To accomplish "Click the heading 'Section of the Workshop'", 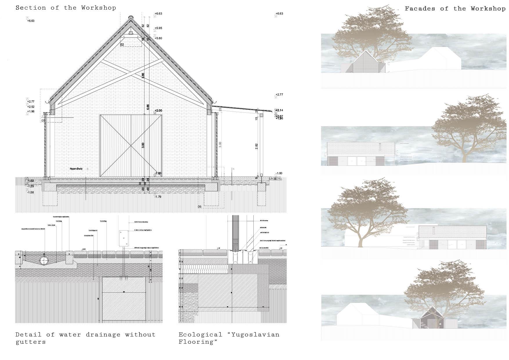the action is pyautogui.click(x=66, y=8).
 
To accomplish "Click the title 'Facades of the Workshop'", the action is pyautogui.click(x=455, y=9).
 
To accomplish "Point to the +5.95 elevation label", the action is pyautogui.click(x=158, y=28).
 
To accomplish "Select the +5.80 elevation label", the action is pyautogui.click(x=158, y=38).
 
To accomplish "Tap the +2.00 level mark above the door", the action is pyautogui.click(x=158, y=111).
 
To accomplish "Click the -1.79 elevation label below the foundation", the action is pyautogui.click(x=158, y=197).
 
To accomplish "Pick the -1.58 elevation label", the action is pyautogui.click(x=30, y=192).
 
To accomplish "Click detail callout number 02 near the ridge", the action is pyautogui.click(x=122, y=45).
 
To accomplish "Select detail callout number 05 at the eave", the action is pyautogui.click(x=43, y=120).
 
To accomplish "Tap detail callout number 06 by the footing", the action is pyautogui.click(x=199, y=207).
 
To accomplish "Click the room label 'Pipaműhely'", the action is pyautogui.click(x=76, y=169).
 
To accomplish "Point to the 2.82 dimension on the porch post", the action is pyautogui.click(x=257, y=147).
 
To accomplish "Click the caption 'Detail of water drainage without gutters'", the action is pyautogui.click(x=85, y=338).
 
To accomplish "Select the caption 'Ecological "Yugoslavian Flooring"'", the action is pyautogui.click(x=229, y=338).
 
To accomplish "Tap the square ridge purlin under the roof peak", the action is pyautogui.click(x=131, y=33).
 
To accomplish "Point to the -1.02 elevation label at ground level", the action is pyautogui.click(x=30, y=181).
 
